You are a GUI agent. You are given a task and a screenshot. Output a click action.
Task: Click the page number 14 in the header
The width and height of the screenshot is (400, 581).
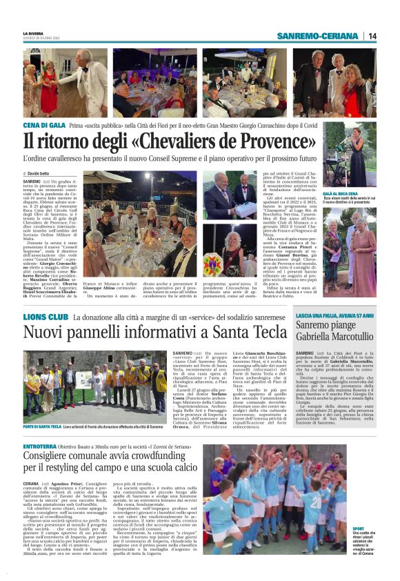(372, 36)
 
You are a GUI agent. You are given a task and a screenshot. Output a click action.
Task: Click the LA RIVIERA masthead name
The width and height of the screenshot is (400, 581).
(33, 32)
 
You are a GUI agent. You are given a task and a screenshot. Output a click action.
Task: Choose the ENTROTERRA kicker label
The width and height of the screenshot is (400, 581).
(45, 448)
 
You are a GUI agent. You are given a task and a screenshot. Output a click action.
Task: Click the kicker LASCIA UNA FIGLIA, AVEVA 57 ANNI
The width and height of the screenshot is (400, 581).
(334, 315)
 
